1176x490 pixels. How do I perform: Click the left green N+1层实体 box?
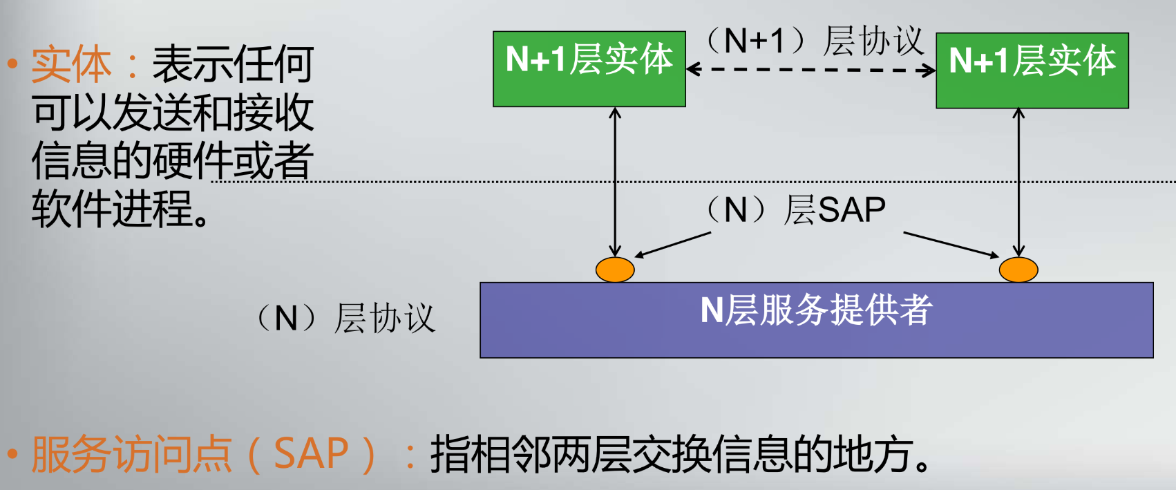coord(589,68)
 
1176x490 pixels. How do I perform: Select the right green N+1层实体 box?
coord(1032,70)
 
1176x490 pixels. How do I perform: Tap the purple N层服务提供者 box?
coord(816,319)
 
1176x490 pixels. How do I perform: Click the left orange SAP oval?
coord(615,270)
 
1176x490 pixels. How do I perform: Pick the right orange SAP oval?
coord(1018,270)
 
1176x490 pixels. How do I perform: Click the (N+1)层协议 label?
coord(815,41)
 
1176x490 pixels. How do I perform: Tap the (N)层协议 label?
coord(345,319)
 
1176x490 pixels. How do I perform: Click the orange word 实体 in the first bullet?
coord(71,64)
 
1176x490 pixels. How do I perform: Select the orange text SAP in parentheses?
coord(311,454)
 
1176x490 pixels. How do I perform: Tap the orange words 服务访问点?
coord(131,454)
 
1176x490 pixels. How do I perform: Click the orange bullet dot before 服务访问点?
coord(12,454)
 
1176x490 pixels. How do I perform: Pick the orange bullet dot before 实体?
coord(12,64)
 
